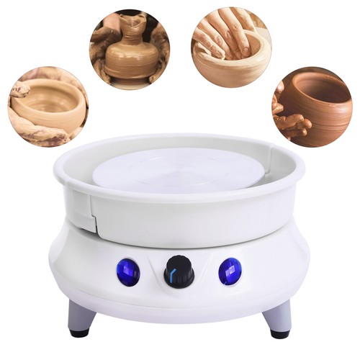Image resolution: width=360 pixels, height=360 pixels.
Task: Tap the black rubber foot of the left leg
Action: (78, 332)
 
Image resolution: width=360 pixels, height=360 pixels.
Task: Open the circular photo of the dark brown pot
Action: (312, 108)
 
